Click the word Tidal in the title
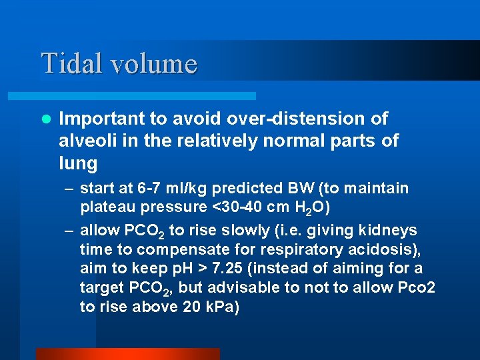pyautogui.click(x=69, y=64)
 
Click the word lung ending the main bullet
pyautogui.click(x=77, y=163)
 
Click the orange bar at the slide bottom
pyautogui.click(x=127, y=353)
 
